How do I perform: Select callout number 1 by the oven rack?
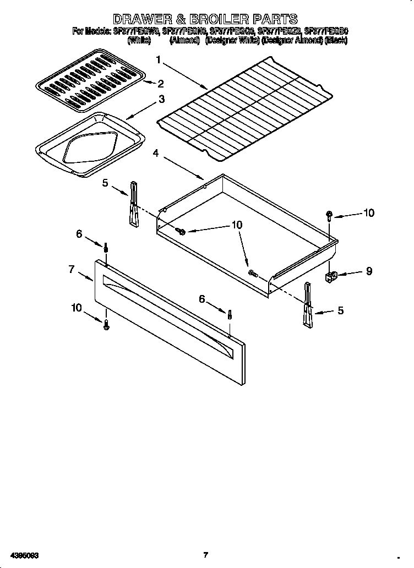click(159, 60)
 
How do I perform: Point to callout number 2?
click(160, 84)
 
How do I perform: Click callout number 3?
click(161, 100)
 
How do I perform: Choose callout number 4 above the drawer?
click(157, 153)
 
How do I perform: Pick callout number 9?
click(369, 271)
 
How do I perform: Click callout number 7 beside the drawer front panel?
click(72, 269)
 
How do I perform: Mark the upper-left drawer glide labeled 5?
click(133, 204)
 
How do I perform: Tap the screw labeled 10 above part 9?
click(329, 215)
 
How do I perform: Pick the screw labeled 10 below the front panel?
click(107, 326)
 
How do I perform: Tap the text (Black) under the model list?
click(336, 41)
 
